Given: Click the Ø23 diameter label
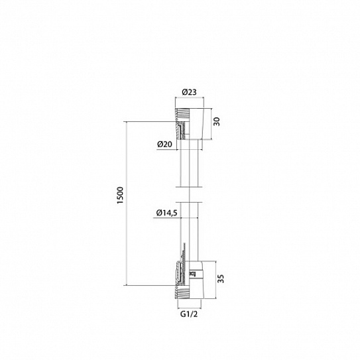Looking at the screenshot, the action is pyautogui.click(x=189, y=92).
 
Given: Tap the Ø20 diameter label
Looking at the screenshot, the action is pyautogui.click(x=164, y=145).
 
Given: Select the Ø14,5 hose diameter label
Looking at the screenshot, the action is pyautogui.click(x=166, y=213).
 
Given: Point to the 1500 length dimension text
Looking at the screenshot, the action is pyautogui.click(x=120, y=196).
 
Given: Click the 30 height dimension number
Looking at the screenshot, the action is pyautogui.click(x=216, y=121).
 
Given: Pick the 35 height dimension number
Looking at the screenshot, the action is pyautogui.click(x=220, y=278).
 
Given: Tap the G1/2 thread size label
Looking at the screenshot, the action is pyautogui.click(x=189, y=314).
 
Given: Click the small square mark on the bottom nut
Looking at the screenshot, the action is pyautogui.click(x=191, y=274).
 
